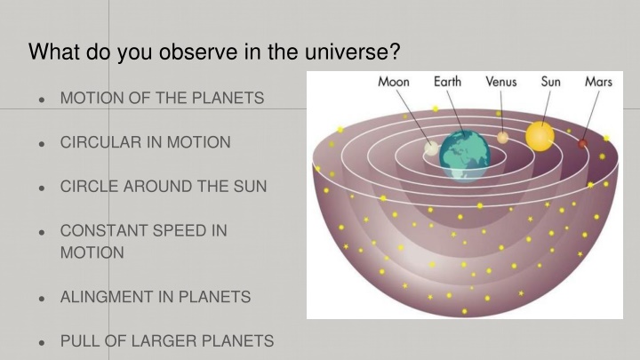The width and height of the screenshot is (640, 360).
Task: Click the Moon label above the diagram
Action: pos(394,82)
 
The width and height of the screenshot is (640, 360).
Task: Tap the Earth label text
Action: pos(447,82)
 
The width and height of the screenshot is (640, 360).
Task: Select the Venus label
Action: pos(500,82)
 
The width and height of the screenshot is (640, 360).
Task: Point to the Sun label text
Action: pos(550,82)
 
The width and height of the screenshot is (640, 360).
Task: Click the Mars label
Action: pos(598,82)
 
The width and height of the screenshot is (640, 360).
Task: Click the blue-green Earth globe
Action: pos(465,155)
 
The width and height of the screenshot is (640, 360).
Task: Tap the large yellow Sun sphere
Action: pos(540,136)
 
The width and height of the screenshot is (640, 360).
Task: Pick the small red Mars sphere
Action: pos(582,144)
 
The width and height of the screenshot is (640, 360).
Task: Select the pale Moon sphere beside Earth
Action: pos(431,148)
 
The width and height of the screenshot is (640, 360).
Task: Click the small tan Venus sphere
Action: pos(502,138)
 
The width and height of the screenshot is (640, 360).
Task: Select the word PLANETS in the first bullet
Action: pos(228,98)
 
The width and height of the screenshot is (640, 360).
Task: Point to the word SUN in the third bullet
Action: pos(250,186)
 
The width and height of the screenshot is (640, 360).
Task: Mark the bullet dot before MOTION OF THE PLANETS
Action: pos(41,100)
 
